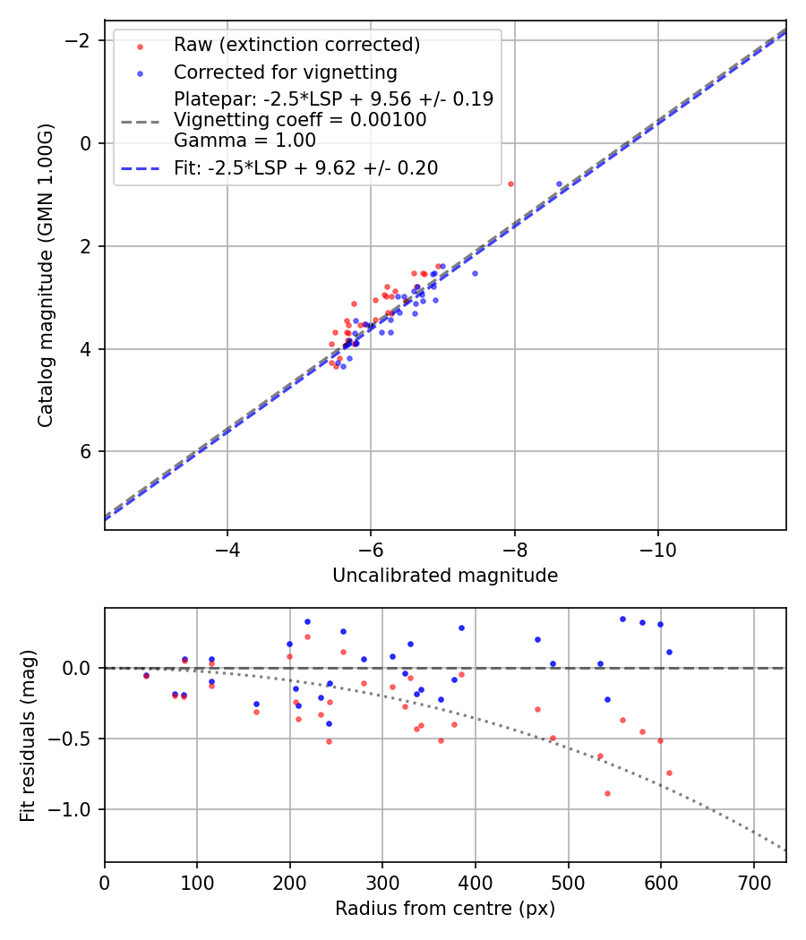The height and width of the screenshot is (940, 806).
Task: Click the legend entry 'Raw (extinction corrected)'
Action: tap(296, 45)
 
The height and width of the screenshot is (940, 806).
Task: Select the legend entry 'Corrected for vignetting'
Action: tap(285, 72)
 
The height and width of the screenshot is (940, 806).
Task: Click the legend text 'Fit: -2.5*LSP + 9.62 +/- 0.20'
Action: tap(305, 167)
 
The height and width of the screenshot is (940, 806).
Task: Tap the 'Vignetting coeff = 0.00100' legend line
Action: tap(300, 119)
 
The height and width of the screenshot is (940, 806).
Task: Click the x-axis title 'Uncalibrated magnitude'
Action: tap(445, 576)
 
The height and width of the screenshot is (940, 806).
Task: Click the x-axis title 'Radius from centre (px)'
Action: tap(445, 909)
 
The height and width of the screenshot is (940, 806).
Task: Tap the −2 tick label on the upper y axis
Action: tap(78, 40)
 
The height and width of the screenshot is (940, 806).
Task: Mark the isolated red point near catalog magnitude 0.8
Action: tap(510, 184)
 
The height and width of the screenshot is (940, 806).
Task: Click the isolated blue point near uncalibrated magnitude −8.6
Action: tap(559, 184)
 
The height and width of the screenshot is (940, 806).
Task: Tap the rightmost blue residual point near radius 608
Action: tap(669, 652)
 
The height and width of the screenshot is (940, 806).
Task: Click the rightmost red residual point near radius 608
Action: tap(669, 773)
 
